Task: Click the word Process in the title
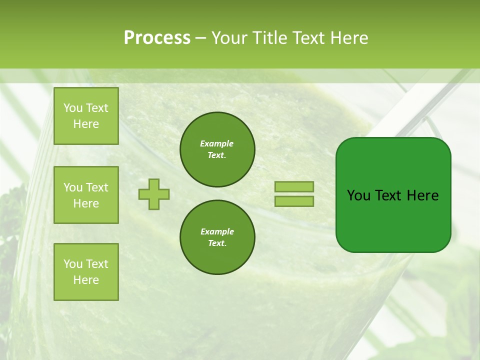click(157, 38)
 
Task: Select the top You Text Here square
click(86, 116)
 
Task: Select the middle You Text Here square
click(86, 195)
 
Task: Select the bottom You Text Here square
click(86, 272)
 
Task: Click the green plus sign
click(154, 194)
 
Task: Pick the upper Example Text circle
click(217, 149)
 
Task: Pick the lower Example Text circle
click(217, 237)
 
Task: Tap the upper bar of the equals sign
click(294, 186)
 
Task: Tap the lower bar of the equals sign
click(294, 201)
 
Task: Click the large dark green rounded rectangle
click(393, 220)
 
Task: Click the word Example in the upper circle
click(217, 143)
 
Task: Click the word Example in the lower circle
click(217, 231)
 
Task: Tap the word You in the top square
click(73, 108)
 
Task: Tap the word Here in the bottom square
click(86, 280)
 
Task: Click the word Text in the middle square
click(97, 187)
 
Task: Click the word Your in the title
click(229, 38)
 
